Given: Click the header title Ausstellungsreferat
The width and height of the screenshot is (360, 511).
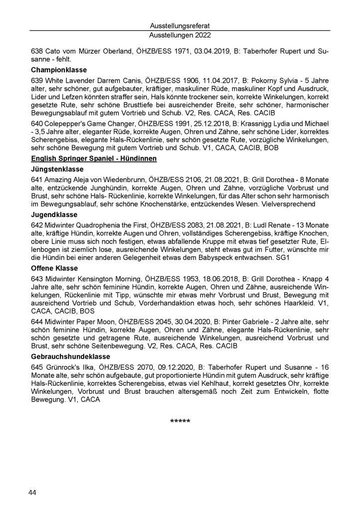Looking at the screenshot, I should click(x=180, y=24).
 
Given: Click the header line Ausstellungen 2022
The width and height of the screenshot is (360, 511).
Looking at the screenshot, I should click(x=180, y=35).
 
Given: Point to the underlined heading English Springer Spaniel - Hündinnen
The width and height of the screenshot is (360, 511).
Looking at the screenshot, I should click(x=94, y=159).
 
